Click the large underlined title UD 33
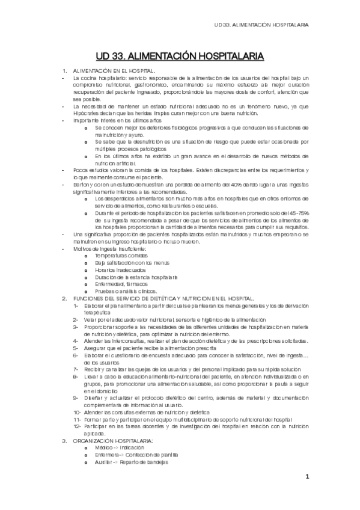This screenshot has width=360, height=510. pos(179,57)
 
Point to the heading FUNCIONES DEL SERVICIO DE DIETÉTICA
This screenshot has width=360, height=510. pos(163,299)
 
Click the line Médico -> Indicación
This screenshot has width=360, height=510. pos(119,448)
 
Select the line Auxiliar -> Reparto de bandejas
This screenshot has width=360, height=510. pos(131,462)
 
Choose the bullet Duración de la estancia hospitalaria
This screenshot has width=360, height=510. pos(144,277)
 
